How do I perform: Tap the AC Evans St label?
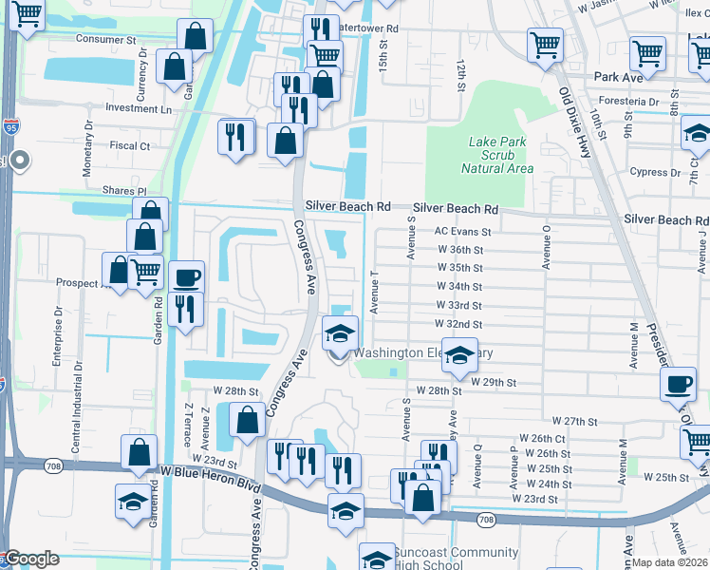pos(462,231)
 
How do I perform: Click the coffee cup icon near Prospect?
pos(186,277)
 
